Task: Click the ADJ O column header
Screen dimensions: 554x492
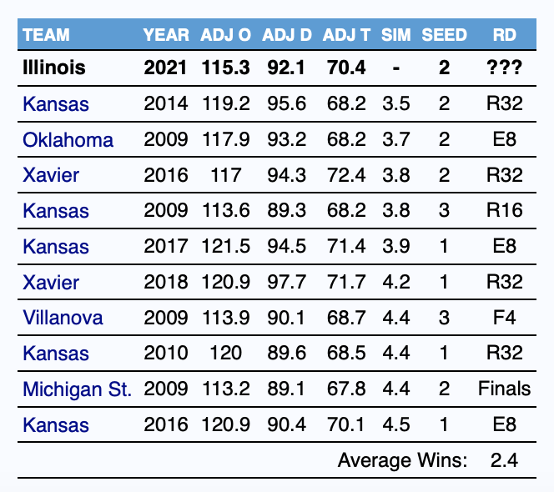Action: point(226,35)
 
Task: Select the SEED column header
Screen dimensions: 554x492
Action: point(444,35)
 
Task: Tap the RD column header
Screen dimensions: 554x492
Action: point(504,35)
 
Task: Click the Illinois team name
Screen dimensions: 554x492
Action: point(54,67)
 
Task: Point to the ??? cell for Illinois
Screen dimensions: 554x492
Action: point(504,67)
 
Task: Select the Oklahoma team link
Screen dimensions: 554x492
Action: point(68,140)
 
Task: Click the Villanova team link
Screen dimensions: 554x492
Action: point(63,318)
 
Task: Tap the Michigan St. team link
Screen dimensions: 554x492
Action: point(77,389)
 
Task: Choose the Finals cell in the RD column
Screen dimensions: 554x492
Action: point(504,389)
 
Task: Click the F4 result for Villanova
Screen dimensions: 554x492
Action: point(504,318)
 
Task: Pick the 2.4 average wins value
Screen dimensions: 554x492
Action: point(504,460)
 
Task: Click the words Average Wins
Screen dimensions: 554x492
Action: point(402,460)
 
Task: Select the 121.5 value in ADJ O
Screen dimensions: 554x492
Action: point(226,246)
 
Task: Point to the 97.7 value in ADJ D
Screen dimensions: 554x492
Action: point(286,282)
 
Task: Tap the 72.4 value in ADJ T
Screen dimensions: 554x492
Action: point(346,175)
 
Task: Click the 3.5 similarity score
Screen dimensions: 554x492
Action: point(396,103)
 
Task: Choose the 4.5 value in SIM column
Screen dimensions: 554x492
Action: point(396,424)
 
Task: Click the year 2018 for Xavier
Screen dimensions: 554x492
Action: point(166,282)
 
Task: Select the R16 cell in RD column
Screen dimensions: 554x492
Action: point(504,210)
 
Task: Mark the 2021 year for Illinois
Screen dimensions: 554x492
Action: point(165,67)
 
